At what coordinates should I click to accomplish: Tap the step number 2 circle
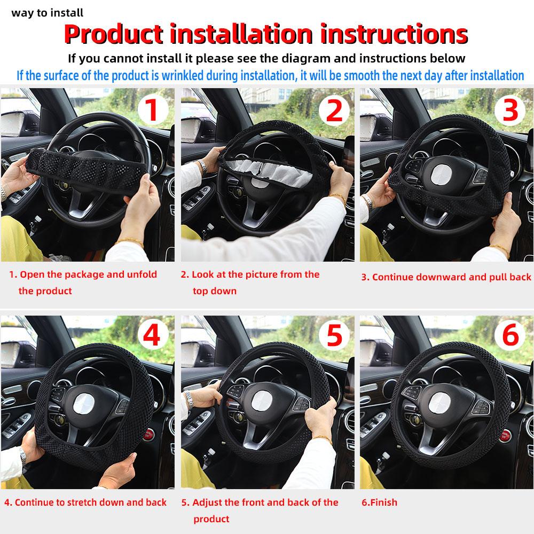333,111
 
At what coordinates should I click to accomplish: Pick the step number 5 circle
333,336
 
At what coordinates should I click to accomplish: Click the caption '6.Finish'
379,502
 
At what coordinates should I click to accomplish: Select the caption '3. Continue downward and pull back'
446,277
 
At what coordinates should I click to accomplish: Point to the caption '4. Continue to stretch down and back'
85,502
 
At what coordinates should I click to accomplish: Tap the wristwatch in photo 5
189,399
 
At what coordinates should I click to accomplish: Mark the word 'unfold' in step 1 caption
142,274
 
